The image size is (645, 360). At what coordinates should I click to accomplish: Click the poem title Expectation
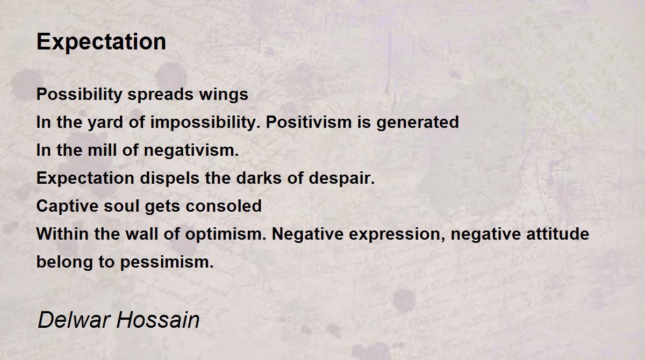click(x=102, y=42)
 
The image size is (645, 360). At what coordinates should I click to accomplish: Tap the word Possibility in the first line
click(x=80, y=95)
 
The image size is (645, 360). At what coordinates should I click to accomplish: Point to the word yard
click(x=105, y=123)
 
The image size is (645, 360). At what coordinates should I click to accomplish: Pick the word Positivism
click(x=309, y=123)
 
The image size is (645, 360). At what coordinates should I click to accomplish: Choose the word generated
click(x=418, y=123)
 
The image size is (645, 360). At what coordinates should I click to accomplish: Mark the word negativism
click(x=191, y=150)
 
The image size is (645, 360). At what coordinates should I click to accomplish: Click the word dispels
click(x=170, y=178)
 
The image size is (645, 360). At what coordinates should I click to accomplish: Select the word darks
click(x=259, y=178)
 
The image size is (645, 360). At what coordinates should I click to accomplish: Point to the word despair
click(x=342, y=179)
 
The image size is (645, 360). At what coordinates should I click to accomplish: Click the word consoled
click(x=224, y=206)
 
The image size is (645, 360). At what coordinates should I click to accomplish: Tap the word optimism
click(x=225, y=234)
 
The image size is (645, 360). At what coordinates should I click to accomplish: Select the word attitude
click(x=558, y=234)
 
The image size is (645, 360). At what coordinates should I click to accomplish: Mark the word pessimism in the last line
click(x=167, y=262)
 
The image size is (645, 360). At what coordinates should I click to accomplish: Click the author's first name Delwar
click(x=74, y=320)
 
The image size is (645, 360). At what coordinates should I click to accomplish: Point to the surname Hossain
click(x=158, y=320)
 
